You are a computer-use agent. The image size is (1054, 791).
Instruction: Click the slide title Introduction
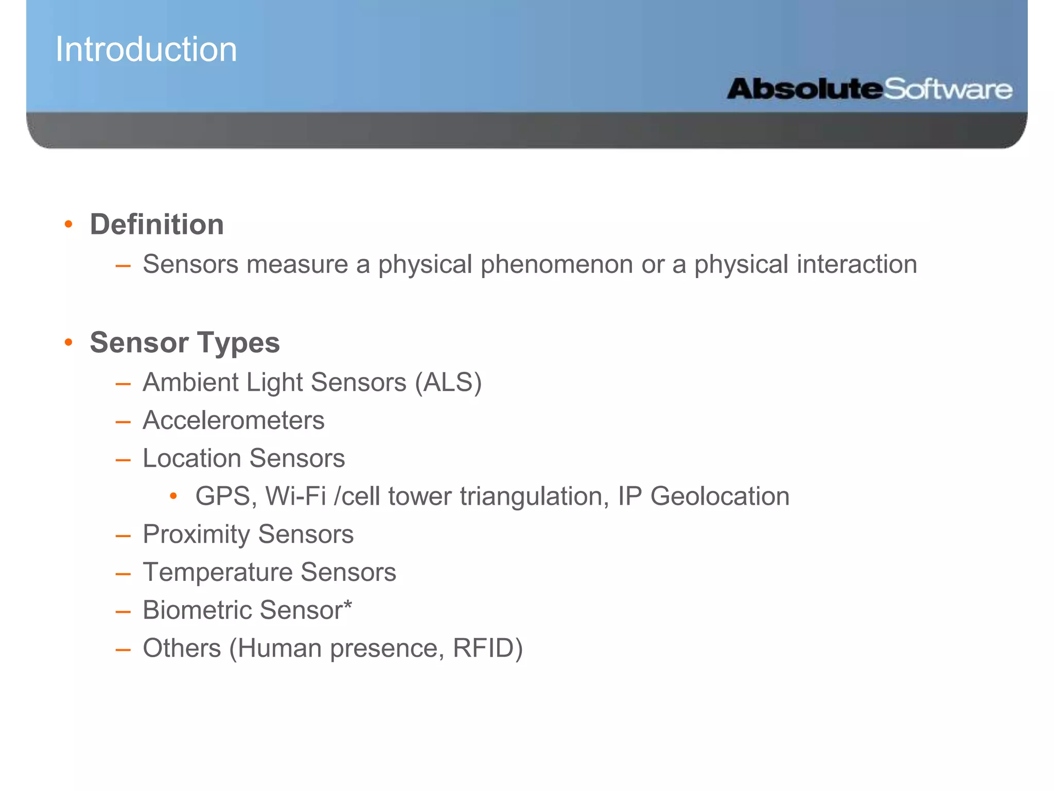[x=146, y=49]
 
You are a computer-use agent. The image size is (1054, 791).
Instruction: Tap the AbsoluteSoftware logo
[x=869, y=89]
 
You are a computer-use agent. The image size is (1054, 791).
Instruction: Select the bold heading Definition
[x=157, y=225]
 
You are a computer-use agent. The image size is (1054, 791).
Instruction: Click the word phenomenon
[x=557, y=265]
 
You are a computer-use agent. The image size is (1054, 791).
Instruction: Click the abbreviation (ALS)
[x=448, y=383]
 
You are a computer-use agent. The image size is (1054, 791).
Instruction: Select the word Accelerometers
[x=234, y=420]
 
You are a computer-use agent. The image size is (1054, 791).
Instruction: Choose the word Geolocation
[x=719, y=496]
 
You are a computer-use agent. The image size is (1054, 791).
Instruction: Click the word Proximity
[x=198, y=535]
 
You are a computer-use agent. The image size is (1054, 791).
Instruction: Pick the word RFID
[x=487, y=648]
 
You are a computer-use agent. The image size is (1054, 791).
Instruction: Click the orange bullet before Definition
[x=68, y=224]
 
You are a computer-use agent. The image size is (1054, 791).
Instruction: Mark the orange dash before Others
[x=123, y=650]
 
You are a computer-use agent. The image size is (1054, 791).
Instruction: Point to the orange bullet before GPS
[x=173, y=496]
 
